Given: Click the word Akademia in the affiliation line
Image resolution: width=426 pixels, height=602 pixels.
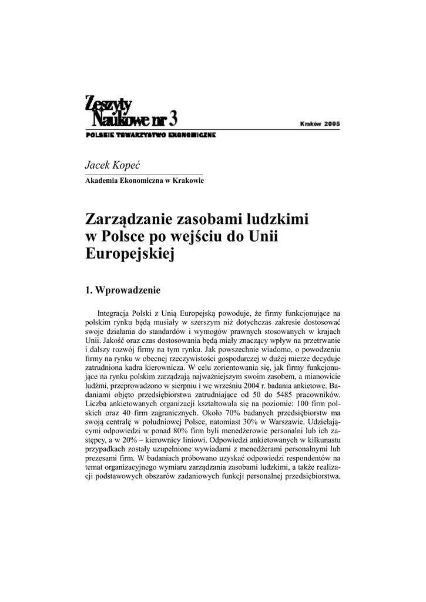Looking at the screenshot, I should (x=105, y=180).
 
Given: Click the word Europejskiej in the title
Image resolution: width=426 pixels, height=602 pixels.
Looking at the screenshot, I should (x=130, y=255).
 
